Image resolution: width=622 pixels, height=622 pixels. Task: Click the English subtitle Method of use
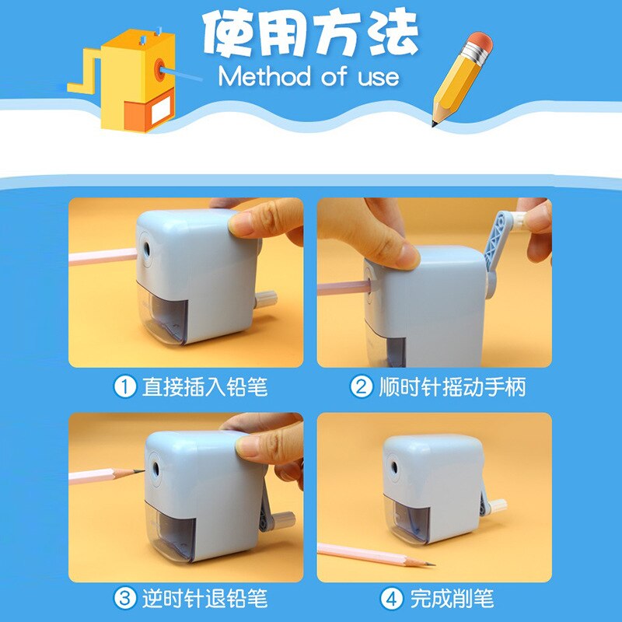pyautogui.click(x=309, y=77)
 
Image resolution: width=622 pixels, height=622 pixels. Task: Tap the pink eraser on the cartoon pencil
pyautogui.click(x=480, y=42)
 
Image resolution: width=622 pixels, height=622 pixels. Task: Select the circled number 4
pyautogui.click(x=391, y=599)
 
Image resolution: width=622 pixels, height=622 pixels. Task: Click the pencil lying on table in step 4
pyautogui.click(x=373, y=554)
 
